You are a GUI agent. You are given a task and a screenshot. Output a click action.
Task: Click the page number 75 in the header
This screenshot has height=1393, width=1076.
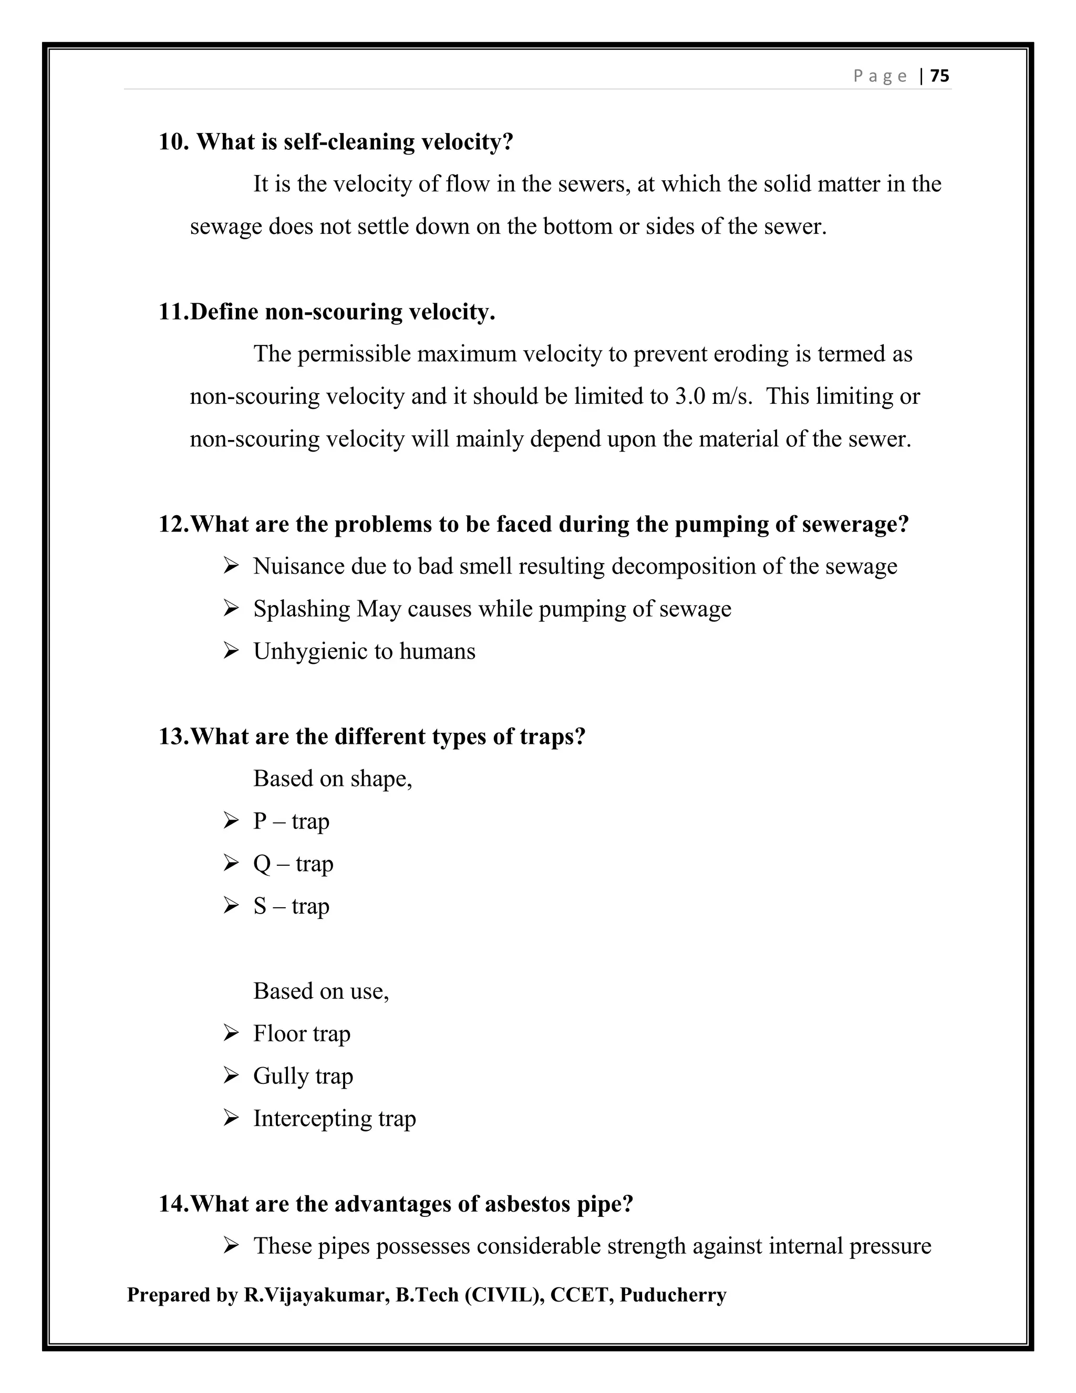(939, 76)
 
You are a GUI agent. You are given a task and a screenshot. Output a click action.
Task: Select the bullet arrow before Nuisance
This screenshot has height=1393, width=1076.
(231, 566)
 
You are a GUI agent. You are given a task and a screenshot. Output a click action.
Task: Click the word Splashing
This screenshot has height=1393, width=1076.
(302, 609)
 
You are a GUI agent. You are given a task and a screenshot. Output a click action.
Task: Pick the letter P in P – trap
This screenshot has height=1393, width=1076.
(260, 822)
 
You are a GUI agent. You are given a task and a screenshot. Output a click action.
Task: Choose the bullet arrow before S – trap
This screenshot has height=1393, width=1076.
(231, 906)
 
